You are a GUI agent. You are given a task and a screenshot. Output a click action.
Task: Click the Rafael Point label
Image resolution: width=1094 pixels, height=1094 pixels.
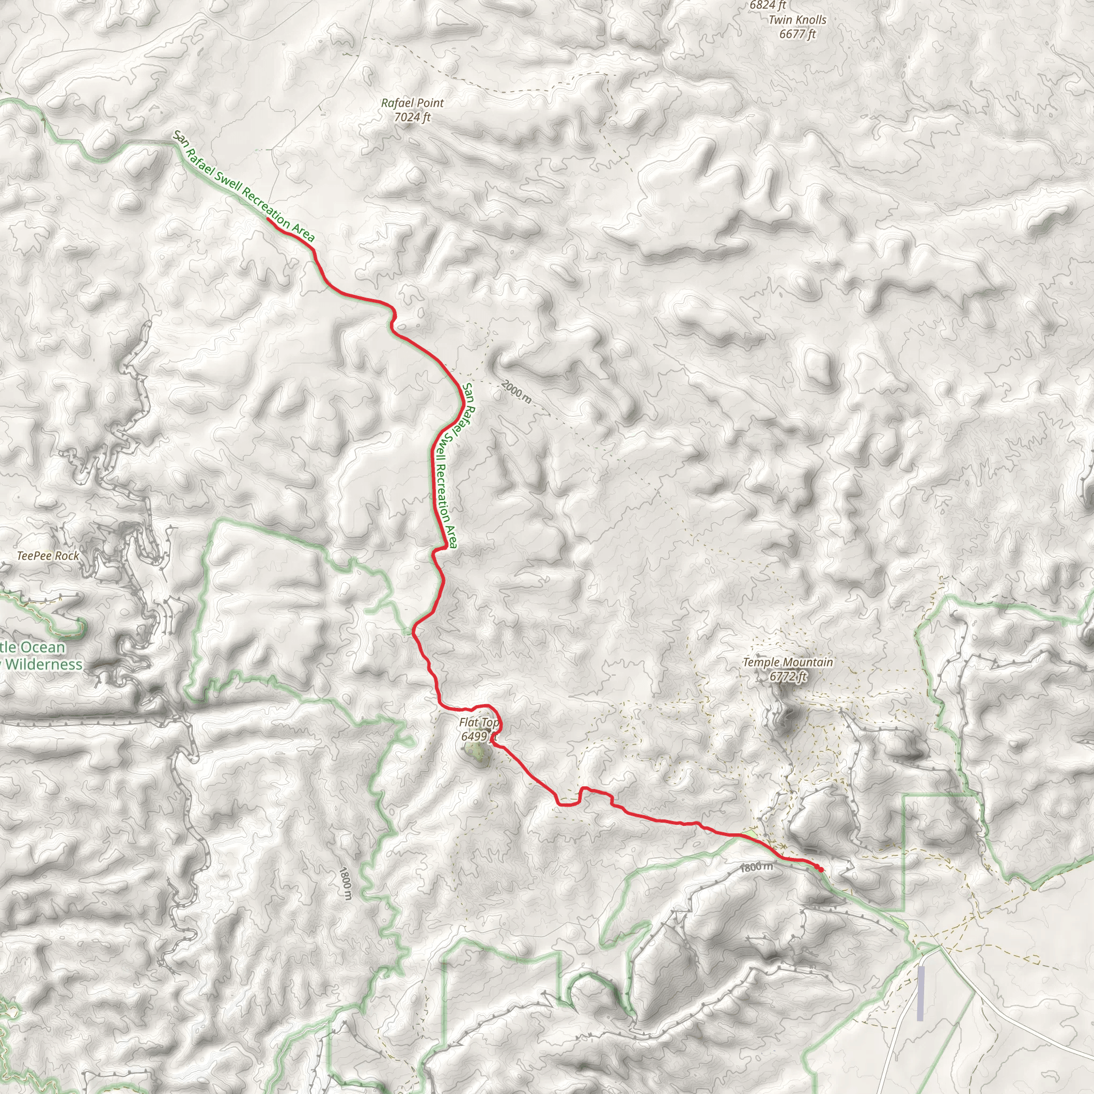coord(412,103)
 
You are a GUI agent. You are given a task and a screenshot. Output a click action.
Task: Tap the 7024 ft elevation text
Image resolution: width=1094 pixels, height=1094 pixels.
coord(412,117)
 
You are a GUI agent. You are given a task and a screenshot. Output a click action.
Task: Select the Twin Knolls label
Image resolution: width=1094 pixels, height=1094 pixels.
coord(798,20)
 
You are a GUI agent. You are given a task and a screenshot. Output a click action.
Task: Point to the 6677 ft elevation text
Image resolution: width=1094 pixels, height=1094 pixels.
coord(798,34)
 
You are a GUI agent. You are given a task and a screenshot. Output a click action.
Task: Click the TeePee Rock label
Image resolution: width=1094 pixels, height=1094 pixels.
coord(48,556)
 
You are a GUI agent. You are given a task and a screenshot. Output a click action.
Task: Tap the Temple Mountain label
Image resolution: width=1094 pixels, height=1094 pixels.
coord(788,662)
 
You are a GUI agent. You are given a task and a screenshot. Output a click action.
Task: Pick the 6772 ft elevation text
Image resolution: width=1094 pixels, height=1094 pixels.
coord(788,676)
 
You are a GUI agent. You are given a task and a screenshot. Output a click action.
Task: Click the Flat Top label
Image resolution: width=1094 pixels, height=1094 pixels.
coord(479,723)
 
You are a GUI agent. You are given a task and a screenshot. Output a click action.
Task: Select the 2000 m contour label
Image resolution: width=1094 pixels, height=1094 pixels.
coord(517,392)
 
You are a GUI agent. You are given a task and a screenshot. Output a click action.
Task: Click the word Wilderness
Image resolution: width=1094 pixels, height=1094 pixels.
coord(45,664)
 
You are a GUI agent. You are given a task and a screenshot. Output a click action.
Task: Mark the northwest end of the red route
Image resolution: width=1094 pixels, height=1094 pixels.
coord(267,218)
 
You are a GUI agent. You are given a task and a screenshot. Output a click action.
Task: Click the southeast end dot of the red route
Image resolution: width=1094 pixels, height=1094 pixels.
coord(820,869)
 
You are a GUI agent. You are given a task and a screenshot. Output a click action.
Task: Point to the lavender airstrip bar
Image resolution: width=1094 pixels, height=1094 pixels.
coord(921,993)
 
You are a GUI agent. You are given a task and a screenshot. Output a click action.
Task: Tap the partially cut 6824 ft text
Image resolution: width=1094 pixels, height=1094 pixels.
coord(768,5)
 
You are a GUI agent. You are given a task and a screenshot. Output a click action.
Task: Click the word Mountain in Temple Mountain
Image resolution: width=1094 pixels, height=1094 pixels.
coord(808,662)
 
